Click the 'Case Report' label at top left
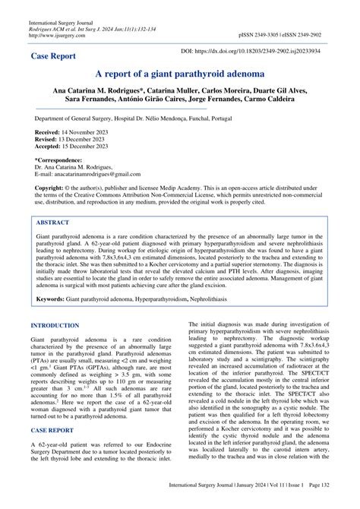(55, 56)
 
